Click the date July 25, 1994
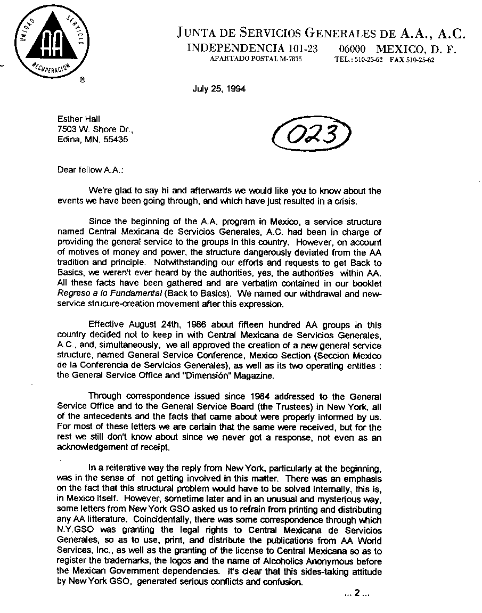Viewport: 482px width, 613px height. pos(219,89)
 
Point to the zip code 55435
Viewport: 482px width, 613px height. pos(116,140)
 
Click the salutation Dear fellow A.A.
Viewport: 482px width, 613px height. pos(90,170)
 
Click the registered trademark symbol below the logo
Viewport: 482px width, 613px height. pos(81,81)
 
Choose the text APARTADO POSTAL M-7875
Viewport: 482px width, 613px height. pos(256,60)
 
